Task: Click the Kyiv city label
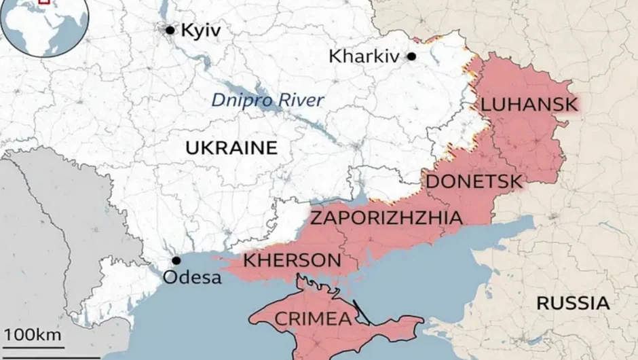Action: (202, 30)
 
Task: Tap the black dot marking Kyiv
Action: (170, 29)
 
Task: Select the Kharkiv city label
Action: (363, 56)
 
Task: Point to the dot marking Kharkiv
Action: (411, 56)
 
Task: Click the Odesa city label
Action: (192, 277)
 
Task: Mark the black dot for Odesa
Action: (176, 260)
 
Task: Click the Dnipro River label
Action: (267, 101)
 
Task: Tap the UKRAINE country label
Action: (231, 147)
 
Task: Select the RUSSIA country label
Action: (573, 303)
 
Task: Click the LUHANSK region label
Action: (529, 105)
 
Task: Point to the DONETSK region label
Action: (474, 181)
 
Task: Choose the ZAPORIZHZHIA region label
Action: (386, 218)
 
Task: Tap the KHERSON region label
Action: (292, 260)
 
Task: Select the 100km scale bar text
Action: (33, 334)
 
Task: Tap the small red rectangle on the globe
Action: (44, 2)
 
